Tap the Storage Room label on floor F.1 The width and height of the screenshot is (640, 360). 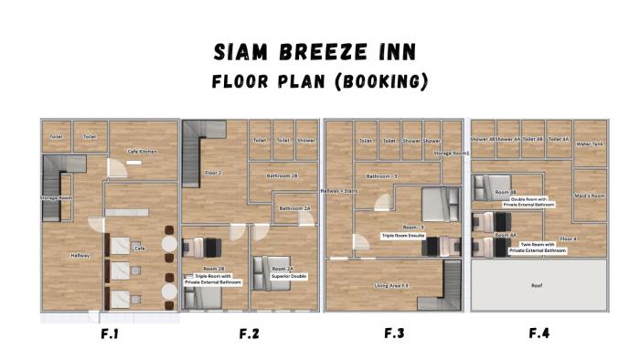coord(57,197)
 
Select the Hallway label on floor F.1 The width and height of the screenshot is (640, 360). coord(80,255)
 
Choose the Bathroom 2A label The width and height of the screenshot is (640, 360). coord(295,208)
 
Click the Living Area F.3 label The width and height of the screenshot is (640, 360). coord(391,285)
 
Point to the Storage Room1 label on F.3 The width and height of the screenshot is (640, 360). coord(452,154)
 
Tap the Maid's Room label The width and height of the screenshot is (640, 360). coord(590,196)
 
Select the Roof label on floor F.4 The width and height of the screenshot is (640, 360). coord(539,285)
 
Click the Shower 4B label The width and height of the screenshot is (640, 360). coord(483,140)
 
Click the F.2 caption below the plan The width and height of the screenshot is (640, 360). coord(249,334)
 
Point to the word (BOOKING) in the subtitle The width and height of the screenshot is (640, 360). coord(381,81)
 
